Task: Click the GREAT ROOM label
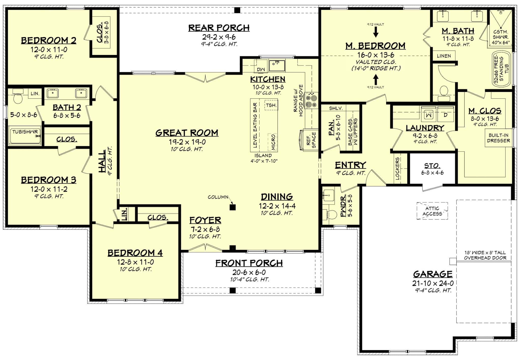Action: pos(187,133)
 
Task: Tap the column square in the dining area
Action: pos(232,207)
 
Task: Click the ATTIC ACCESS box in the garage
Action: pos(432,211)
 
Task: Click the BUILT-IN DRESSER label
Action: pos(498,138)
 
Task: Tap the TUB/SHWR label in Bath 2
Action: pos(25,132)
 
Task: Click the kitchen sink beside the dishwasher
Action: pos(277,65)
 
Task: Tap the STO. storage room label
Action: pos(432,166)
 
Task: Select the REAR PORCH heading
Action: pos(219,28)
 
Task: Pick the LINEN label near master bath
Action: pos(444,56)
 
